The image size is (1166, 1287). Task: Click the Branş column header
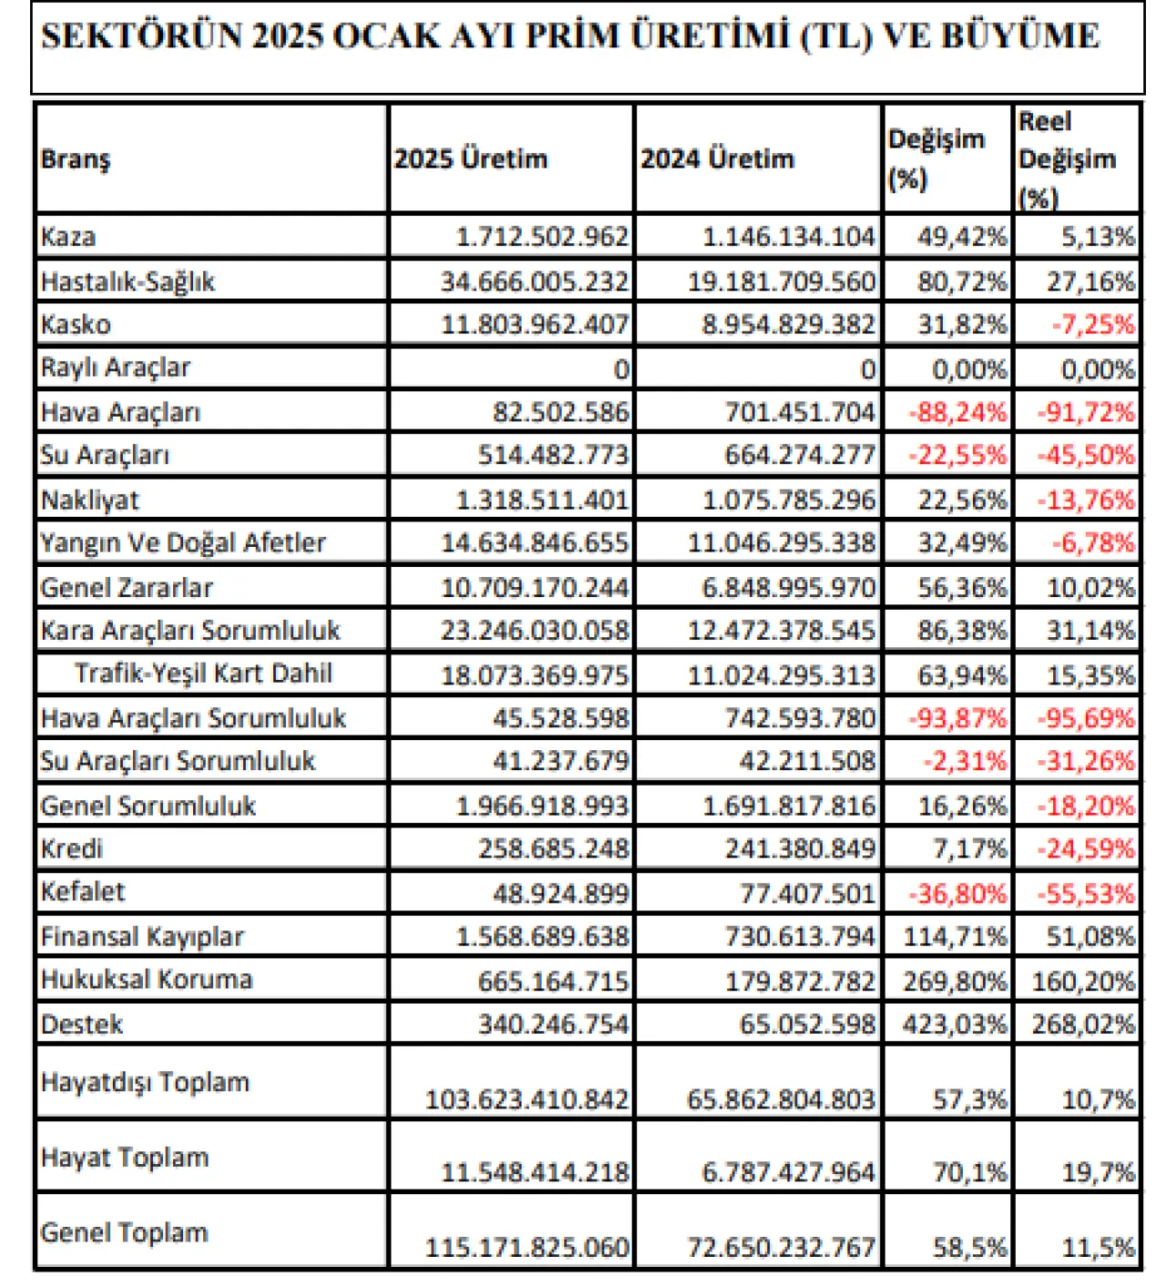coord(75,160)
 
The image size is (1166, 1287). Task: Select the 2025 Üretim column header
coord(470,159)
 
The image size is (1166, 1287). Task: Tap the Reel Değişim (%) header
coord(1067,160)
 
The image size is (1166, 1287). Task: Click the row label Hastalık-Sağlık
coord(127,282)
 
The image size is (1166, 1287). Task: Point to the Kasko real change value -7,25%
coord(1093,324)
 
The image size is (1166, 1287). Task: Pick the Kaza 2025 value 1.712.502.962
coord(542,237)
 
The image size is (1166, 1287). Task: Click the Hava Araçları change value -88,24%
coord(956,413)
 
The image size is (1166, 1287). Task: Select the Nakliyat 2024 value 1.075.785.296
coord(789,499)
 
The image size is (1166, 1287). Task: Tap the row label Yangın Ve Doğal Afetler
coord(183,542)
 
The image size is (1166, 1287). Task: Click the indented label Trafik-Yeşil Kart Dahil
coord(203,674)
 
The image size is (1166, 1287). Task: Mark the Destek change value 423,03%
coord(955,1024)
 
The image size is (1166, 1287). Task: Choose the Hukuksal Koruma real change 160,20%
coord(1083,981)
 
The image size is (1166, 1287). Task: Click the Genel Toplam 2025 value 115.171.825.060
coord(527,1248)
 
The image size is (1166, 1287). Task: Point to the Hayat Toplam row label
coord(125,1158)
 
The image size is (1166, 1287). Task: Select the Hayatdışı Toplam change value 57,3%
coord(969,1099)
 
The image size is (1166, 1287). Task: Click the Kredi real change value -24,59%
coord(1086,849)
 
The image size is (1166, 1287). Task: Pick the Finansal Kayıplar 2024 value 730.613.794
coord(800,937)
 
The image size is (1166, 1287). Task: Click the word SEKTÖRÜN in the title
coord(141,36)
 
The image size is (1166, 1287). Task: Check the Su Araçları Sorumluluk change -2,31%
coord(965,762)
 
